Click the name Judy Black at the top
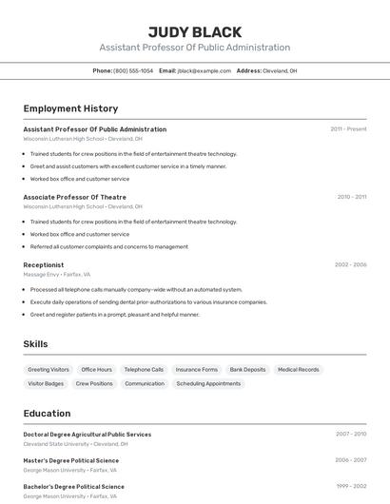coord(195,32)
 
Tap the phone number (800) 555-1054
coord(133,70)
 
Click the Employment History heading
coord(70,108)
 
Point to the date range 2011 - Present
coord(348,129)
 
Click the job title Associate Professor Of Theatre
coord(74,197)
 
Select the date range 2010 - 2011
coord(352,197)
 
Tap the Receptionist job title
coord(44,264)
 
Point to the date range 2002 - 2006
coord(351,264)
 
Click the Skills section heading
coord(35,344)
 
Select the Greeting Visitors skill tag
coord(49,369)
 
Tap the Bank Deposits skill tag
coord(247,369)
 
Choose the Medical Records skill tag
coord(299,369)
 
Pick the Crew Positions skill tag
coord(94,383)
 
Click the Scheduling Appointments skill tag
coord(208,383)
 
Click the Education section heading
coord(47,414)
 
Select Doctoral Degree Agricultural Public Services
coord(87,434)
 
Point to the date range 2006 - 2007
coord(351,459)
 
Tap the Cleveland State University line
coord(74,444)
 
